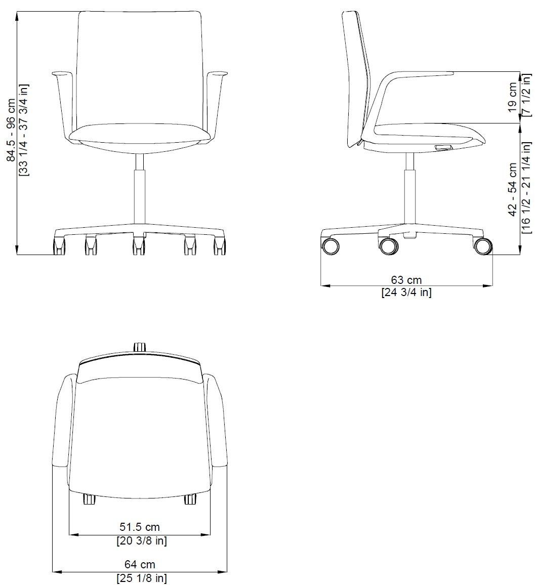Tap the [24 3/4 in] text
tap(406, 292)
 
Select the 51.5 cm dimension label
tap(140, 527)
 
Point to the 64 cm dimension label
tap(140, 564)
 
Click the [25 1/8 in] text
tap(142, 578)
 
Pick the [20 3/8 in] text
tap(142, 540)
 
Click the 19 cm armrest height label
tap(513, 97)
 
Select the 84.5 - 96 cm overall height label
tap(12, 130)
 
